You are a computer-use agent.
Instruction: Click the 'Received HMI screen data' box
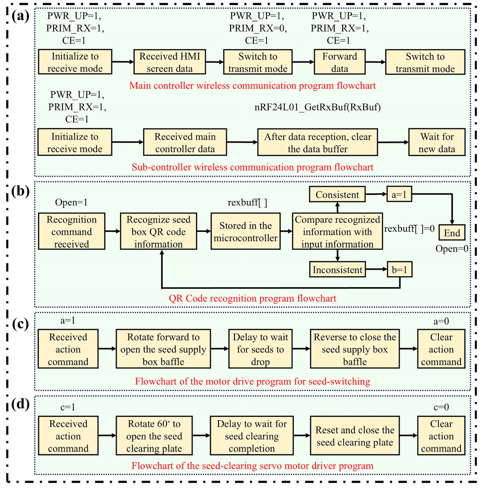coord(170,62)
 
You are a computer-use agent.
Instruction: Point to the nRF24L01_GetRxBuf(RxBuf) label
coord(317,107)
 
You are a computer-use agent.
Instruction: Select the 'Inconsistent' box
coord(337,270)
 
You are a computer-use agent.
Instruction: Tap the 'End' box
coord(452,232)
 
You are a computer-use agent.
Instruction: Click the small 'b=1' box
coord(399,270)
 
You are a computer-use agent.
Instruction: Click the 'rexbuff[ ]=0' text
coord(409,229)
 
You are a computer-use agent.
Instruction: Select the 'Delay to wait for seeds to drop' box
coord(260,349)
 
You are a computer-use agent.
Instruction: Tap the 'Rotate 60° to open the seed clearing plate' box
coord(154,436)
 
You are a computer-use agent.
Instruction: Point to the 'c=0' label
coord(441,407)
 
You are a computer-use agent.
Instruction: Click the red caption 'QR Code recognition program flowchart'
coord(252,298)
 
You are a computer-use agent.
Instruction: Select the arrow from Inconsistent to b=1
coord(376,269)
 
